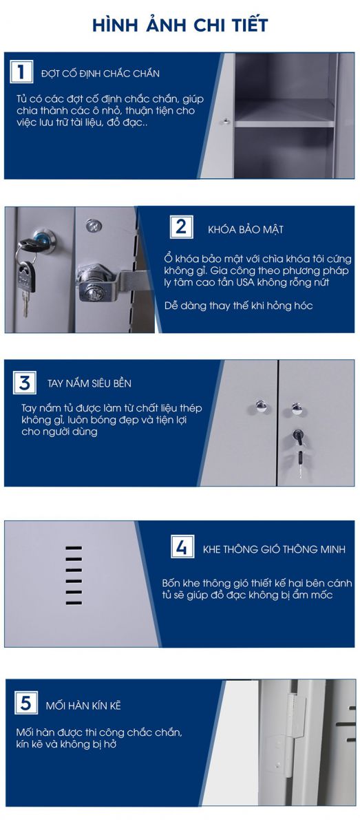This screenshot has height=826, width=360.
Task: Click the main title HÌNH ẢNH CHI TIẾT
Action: [x=180, y=25]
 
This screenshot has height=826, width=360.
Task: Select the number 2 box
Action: [x=181, y=226]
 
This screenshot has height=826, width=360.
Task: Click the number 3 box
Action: [x=25, y=383]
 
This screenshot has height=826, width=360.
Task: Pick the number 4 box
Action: [x=182, y=547]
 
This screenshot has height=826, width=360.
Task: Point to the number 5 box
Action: [x=26, y=703]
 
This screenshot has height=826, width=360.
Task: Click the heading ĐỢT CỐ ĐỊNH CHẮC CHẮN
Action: [x=100, y=73]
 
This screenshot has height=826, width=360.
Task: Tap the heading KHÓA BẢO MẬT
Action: [x=246, y=229]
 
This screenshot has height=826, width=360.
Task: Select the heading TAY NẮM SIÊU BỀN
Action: [x=89, y=383]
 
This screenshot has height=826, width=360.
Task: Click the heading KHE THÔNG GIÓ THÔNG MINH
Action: [x=274, y=549]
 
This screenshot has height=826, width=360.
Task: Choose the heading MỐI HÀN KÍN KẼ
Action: [x=83, y=705]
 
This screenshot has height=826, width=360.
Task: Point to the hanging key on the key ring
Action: [x=26, y=288]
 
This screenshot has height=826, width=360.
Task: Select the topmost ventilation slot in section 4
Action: [x=74, y=548]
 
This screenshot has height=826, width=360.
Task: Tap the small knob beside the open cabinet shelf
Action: [x=224, y=120]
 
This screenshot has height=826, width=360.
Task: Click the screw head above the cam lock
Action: [x=94, y=225]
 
